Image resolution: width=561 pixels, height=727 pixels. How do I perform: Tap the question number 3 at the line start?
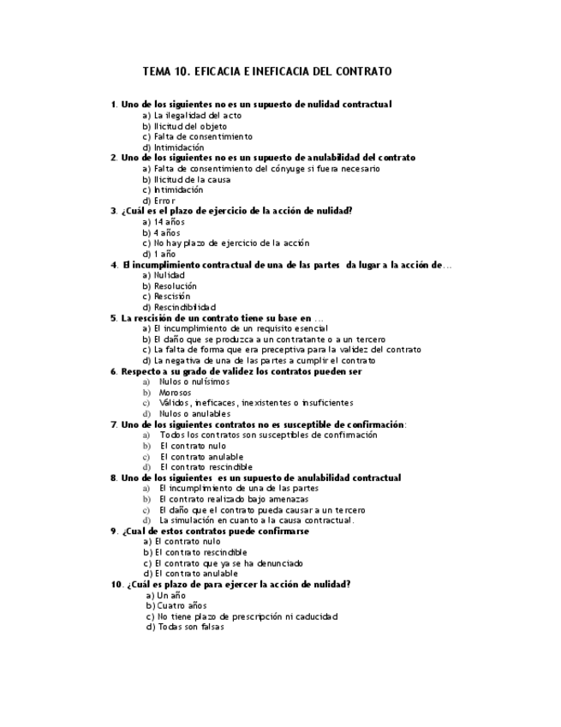pyautogui.click(x=113, y=211)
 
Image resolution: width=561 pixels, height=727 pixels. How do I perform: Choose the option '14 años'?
pyautogui.click(x=169, y=222)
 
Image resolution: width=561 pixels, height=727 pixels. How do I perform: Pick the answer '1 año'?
pyautogui.click(x=164, y=254)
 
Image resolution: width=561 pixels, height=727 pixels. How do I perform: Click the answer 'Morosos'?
pyautogui.click(x=176, y=392)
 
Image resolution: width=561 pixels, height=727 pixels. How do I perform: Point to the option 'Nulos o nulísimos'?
pyautogui.click(x=191, y=382)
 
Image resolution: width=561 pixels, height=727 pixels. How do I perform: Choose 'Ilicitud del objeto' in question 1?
pyautogui.click(x=184, y=126)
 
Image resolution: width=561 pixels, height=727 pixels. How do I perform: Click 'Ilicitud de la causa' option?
pyautogui.click(x=185, y=179)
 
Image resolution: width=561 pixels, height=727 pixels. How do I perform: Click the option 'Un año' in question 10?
pyautogui.click(x=171, y=595)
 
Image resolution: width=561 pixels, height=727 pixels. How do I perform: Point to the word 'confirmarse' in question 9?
pyautogui.click(x=282, y=531)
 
